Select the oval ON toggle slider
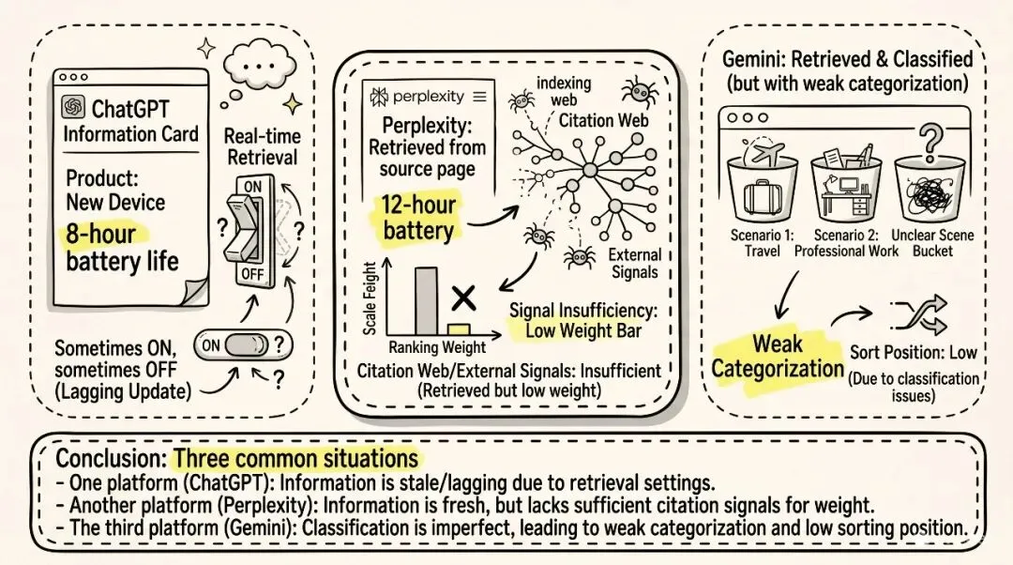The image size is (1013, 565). click(242, 345)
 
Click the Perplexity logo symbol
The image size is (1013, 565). click(380, 97)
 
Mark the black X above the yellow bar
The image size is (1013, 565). click(461, 298)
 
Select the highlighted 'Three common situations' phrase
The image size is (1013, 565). click(296, 459)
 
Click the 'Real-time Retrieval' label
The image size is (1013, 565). click(262, 146)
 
